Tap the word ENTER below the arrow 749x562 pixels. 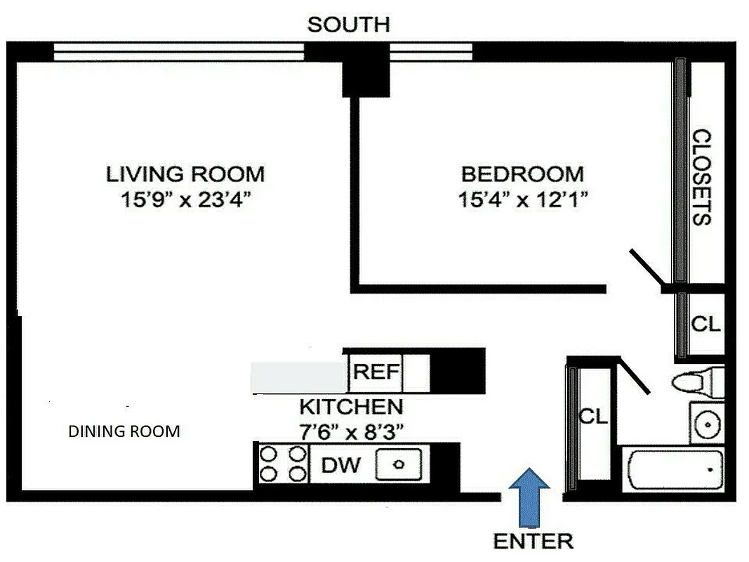(533, 541)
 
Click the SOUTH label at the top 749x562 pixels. (348, 25)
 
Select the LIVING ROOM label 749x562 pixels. (185, 174)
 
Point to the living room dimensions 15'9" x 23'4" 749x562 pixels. (185, 200)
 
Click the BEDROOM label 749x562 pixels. (522, 174)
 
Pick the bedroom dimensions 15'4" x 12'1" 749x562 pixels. (522, 200)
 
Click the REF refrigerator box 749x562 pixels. (376, 372)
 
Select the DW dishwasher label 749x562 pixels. (340, 465)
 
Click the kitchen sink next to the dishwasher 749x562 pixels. (399, 464)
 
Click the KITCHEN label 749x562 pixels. (351, 407)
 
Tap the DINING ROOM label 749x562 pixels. (124, 431)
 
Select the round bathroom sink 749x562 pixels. (706, 423)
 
